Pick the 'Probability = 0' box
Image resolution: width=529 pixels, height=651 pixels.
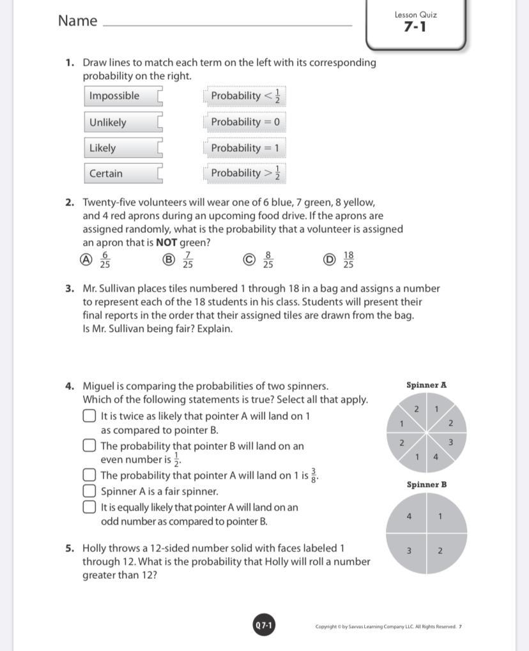[245, 121]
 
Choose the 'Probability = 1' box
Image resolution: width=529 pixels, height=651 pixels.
[245, 147]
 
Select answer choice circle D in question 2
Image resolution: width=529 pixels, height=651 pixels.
[329, 259]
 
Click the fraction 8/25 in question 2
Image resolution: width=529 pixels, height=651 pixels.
[268, 260]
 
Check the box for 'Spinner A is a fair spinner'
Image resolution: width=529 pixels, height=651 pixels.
[89, 491]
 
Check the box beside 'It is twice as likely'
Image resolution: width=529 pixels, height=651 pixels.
[89, 416]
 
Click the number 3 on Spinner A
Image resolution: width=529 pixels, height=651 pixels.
[450, 442]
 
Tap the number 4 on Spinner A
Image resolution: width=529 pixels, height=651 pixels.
[436, 456]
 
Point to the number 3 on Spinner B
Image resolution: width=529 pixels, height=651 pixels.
[409, 550]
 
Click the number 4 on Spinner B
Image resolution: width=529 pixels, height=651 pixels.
[409, 516]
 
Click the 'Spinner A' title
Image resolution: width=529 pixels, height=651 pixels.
[426, 385]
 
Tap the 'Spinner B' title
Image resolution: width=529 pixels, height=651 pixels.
[426, 484]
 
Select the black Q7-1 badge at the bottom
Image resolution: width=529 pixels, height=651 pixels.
[264, 625]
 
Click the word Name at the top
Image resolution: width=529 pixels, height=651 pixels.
[77, 20]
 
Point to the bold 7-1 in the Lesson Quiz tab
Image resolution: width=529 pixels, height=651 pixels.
[415, 27]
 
